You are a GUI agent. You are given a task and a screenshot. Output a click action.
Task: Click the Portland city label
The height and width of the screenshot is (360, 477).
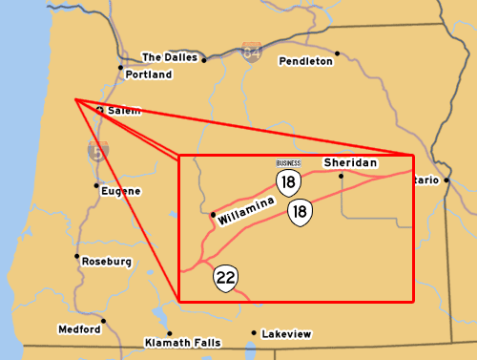[x=148, y=74]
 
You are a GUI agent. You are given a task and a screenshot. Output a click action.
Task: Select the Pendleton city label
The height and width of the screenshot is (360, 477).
[x=306, y=61]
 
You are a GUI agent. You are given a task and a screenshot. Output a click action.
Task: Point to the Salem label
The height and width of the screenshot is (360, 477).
[x=124, y=111]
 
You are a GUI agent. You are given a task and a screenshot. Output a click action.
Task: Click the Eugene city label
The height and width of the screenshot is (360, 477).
[x=121, y=191]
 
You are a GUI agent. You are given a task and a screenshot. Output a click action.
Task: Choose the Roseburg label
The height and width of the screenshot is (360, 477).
[x=106, y=261]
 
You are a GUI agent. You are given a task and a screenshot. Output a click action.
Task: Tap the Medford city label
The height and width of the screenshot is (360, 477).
[x=78, y=329]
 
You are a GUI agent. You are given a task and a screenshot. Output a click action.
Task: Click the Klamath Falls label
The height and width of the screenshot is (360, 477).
[x=181, y=342]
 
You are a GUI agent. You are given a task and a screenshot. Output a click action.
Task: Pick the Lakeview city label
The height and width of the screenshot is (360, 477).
[x=286, y=334]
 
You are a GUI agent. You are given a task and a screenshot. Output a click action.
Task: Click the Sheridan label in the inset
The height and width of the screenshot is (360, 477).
[x=350, y=163]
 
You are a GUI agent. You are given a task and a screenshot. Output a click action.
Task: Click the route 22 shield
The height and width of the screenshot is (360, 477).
[x=226, y=279]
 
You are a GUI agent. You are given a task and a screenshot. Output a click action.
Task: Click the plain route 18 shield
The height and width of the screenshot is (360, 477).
[x=301, y=212]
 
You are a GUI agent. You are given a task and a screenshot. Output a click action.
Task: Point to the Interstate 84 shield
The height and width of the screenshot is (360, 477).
[x=251, y=49]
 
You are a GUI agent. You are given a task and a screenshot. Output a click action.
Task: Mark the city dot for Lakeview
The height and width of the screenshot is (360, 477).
[x=254, y=333]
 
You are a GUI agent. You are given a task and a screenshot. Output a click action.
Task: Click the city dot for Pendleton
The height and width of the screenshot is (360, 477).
[x=338, y=53]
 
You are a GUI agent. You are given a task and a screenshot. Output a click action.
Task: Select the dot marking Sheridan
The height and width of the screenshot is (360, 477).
[x=342, y=177]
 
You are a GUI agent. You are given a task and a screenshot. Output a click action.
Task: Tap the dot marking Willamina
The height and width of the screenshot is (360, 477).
[x=212, y=216]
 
